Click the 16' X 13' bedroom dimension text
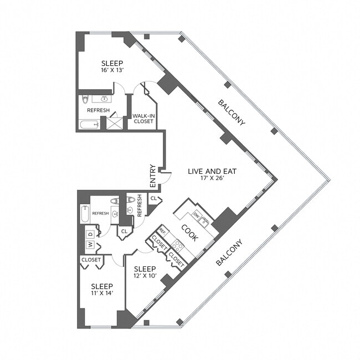pyautogui.click(x=111, y=71)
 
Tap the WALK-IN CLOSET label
pyautogui.click(x=143, y=119)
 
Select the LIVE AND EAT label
pyautogui.click(x=213, y=172)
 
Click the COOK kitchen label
pyautogui.click(x=190, y=232)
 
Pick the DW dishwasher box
pyautogui.click(x=196, y=215)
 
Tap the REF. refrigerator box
pyautogui.click(x=162, y=231)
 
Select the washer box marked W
pyautogui.click(x=89, y=244)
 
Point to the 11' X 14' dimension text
pyautogui.click(x=102, y=293)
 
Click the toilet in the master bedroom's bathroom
pyautogui.click(x=85, y=100)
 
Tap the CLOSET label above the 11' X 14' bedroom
pyautogui.click(x=91, y=259)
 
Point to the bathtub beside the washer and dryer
pyautogui.click(x=84, y=213)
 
